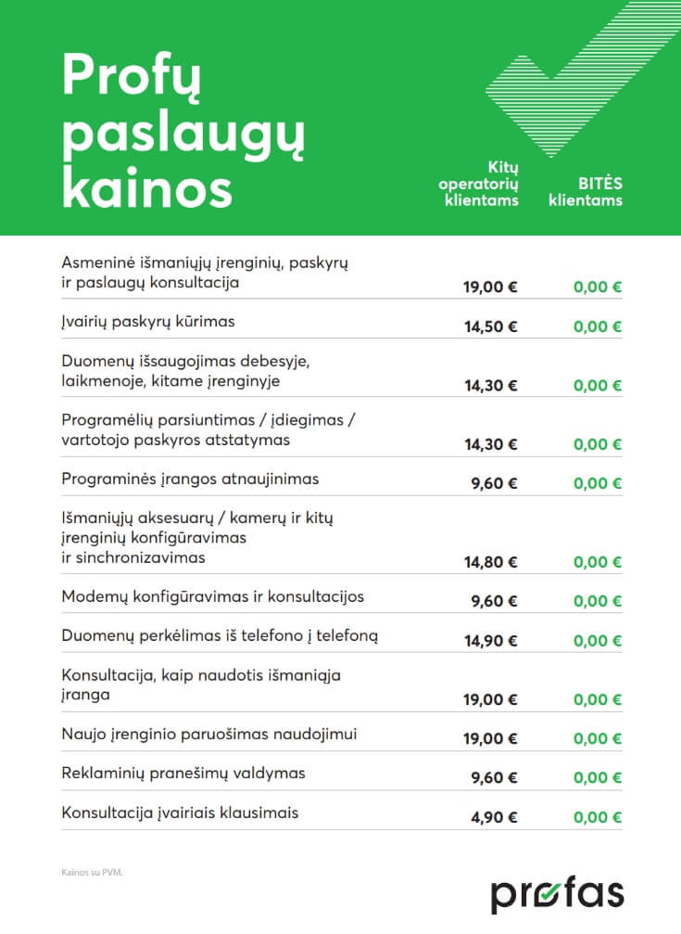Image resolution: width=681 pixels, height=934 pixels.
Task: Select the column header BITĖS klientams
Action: point(585,192)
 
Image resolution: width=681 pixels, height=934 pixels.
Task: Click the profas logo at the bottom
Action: point(557,893)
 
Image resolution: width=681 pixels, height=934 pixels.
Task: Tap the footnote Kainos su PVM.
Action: point(92,873)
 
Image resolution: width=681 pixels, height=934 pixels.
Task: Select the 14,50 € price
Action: point(491,326)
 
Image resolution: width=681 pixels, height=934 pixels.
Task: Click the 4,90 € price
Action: point(495,817)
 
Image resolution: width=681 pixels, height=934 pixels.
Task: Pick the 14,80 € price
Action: point(491,562)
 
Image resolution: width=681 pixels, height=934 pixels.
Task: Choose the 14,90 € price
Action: point(491,641)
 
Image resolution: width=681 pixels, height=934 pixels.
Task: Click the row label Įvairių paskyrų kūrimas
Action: point(148,322)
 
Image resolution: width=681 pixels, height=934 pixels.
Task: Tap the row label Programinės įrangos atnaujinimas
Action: point(190,480)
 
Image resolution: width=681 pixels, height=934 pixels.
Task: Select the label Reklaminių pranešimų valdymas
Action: point(183,773)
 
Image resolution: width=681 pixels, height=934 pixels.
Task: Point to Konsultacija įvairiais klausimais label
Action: point(180,812)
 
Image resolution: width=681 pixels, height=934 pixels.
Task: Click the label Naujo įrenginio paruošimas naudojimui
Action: point(209,735)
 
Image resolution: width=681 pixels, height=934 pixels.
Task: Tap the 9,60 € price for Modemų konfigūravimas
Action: point(495,601)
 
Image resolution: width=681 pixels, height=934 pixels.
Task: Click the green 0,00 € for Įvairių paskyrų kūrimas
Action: point(598,326)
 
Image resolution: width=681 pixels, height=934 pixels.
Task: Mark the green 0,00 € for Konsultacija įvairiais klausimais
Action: point(598,817)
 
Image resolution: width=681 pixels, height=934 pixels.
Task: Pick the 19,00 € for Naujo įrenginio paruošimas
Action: point(491,739)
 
